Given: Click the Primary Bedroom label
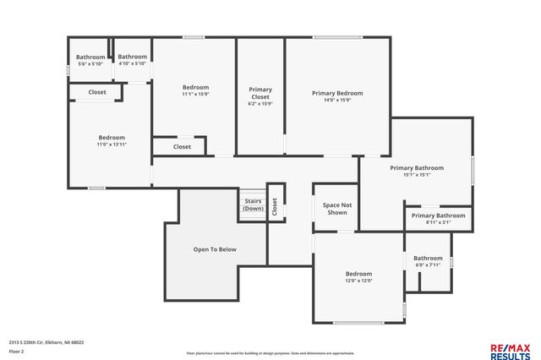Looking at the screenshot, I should click(x=337, y=93).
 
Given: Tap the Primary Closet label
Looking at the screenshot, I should click(x=260, y=93).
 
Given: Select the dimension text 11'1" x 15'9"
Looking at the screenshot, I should click(x=195, y=94).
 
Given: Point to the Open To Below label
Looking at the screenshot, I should click(x=215, y=249).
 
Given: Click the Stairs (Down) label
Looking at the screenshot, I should click(x=253, y=205).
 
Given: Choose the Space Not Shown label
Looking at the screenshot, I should click(x=336, y=208).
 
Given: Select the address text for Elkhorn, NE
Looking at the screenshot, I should click(x=46, y=342).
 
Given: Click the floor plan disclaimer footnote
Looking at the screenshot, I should click(x=270, y=352).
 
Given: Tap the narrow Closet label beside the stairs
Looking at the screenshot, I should click(x=275, y=202).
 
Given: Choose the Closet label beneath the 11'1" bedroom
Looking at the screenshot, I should click(x=182, y=146).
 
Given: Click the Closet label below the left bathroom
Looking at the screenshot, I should click(x=97, y=92).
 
